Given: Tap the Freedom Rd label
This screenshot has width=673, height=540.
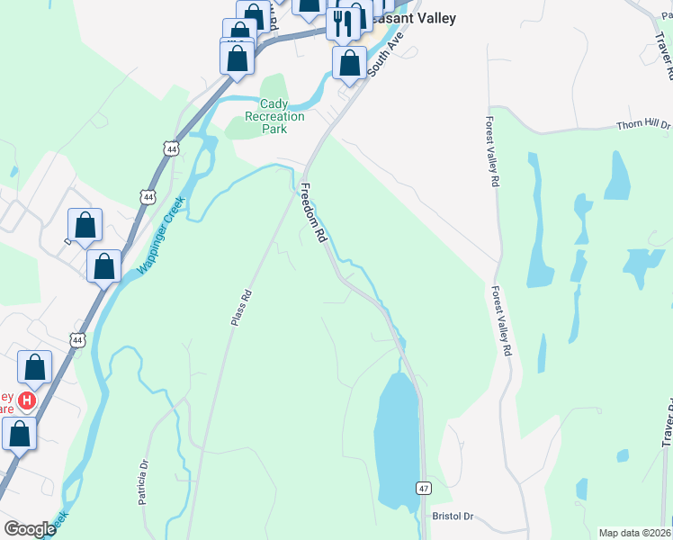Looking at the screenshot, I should (312, 214).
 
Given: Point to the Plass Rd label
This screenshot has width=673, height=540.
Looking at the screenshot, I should (238, 308).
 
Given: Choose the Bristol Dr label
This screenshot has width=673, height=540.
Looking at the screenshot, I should (453, 517).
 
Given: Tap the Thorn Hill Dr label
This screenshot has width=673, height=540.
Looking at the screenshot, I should (643, 127).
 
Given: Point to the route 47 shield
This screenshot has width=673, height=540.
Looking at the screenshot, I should (422, 487).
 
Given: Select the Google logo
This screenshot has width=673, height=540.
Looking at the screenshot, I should (30, 529).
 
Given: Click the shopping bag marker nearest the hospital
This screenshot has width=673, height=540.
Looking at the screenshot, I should (34, 367).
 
